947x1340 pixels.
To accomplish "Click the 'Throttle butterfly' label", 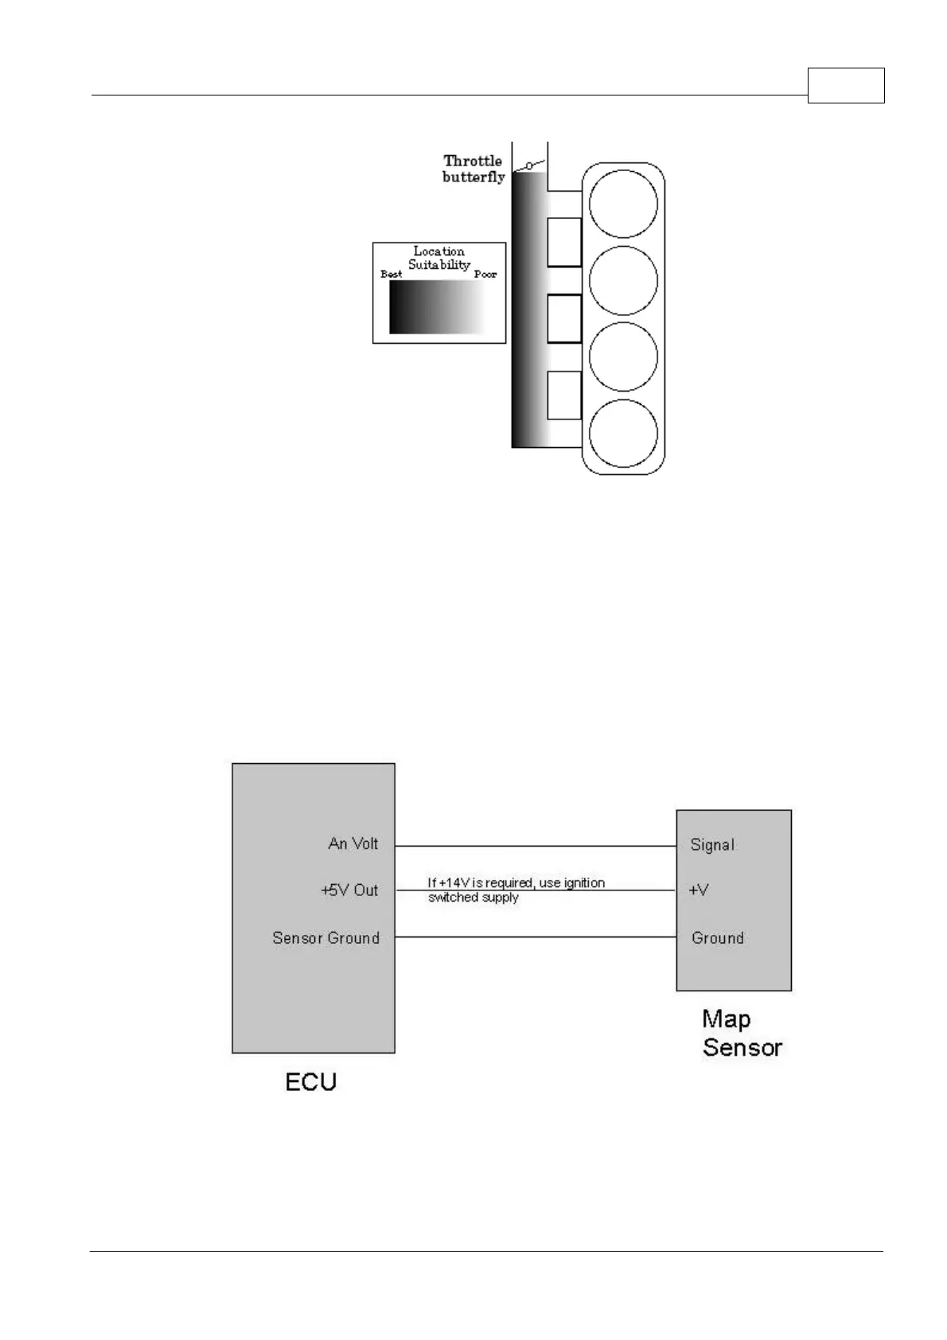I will (473, 169).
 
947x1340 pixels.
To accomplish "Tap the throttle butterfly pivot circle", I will (528, 166).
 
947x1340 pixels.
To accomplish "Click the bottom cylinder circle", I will (623, 434).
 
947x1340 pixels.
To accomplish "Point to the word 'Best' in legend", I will (392, 275).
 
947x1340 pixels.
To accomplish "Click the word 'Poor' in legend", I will (485, 275).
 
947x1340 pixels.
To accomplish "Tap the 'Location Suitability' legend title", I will (439, 258).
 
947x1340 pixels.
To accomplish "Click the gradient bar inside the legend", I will (437, 307).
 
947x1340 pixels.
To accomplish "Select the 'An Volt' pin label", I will (353, 843).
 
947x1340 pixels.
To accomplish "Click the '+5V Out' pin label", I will (349, 890).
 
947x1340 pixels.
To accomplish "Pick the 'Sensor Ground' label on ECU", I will (325, 938).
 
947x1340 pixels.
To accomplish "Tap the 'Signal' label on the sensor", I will (712, 845).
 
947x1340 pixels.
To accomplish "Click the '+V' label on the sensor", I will (699, 890).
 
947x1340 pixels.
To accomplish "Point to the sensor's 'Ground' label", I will (718, 938).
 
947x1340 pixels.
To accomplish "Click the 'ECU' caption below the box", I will (311, 1082).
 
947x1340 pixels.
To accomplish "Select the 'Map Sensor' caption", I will (742, 1034).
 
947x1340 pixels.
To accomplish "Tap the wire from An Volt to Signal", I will (535, 846).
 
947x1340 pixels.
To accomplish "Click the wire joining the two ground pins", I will (535, 937).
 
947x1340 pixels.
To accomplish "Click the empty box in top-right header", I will (846, 86).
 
